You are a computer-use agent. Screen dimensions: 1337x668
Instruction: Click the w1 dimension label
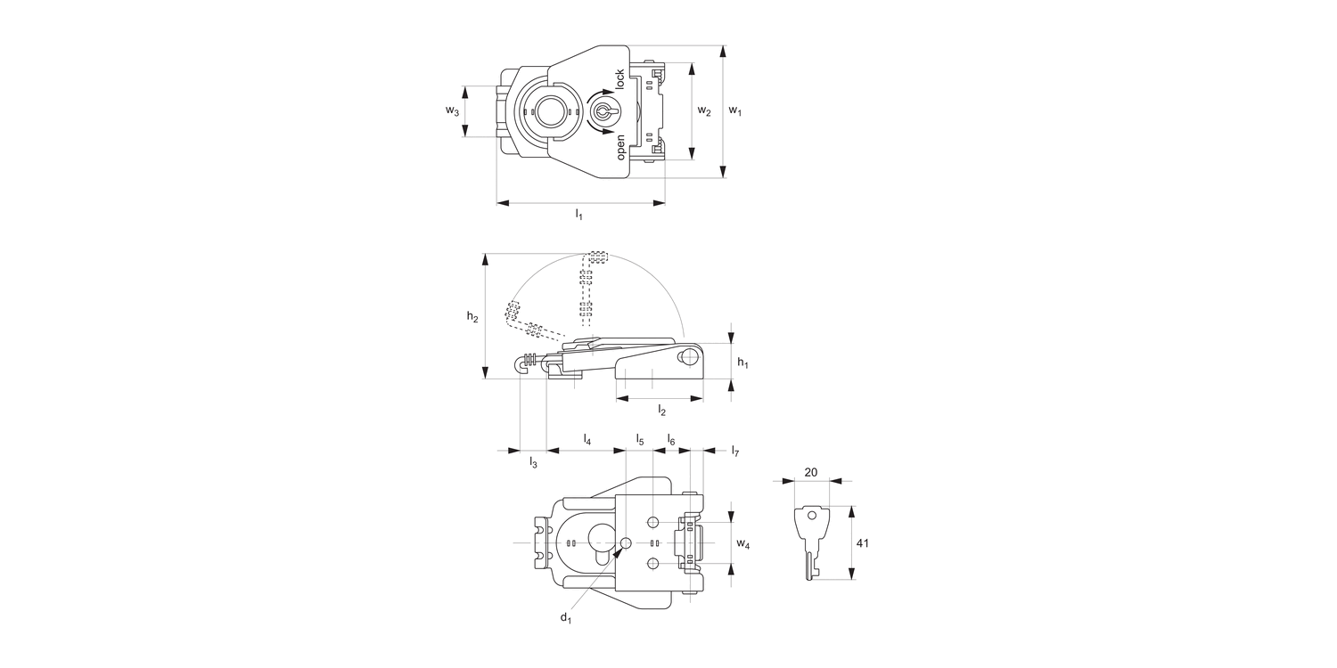click(x=734, y=110)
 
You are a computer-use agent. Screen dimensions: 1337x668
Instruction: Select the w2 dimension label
click(x=704, y=110)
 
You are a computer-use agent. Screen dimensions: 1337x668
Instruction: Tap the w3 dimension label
click(x=453, y=110)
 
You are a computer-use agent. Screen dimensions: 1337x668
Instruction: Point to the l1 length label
click(x=578, y=214)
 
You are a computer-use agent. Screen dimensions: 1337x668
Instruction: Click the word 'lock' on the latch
click(x=619, y=79)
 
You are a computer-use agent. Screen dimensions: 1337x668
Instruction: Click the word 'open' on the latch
click(x=620, y=147)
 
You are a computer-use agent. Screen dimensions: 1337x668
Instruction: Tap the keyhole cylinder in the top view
click(x=603, y=111)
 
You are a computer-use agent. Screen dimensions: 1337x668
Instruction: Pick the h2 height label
click(x=472, y=317)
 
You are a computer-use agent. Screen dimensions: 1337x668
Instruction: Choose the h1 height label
click(x=742, y=362)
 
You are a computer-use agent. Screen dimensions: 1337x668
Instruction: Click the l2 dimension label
click(x=661, y=410)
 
